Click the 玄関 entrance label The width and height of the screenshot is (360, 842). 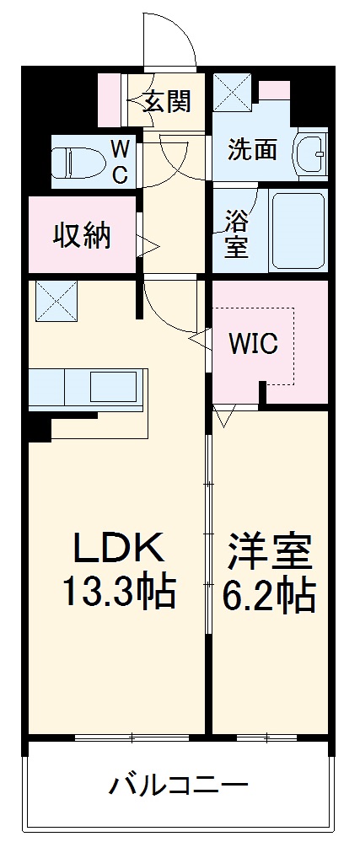[167, 102]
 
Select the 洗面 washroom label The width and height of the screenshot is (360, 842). [253, 149]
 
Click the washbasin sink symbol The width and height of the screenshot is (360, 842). [312, 153]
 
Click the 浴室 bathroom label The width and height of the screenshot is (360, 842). [236, 233]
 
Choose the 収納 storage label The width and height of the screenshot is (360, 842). [83, 237]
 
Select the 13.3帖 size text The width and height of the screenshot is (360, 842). [117, 593]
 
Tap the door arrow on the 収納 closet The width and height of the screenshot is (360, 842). [148, 246]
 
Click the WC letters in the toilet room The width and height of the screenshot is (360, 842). [120, 161]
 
